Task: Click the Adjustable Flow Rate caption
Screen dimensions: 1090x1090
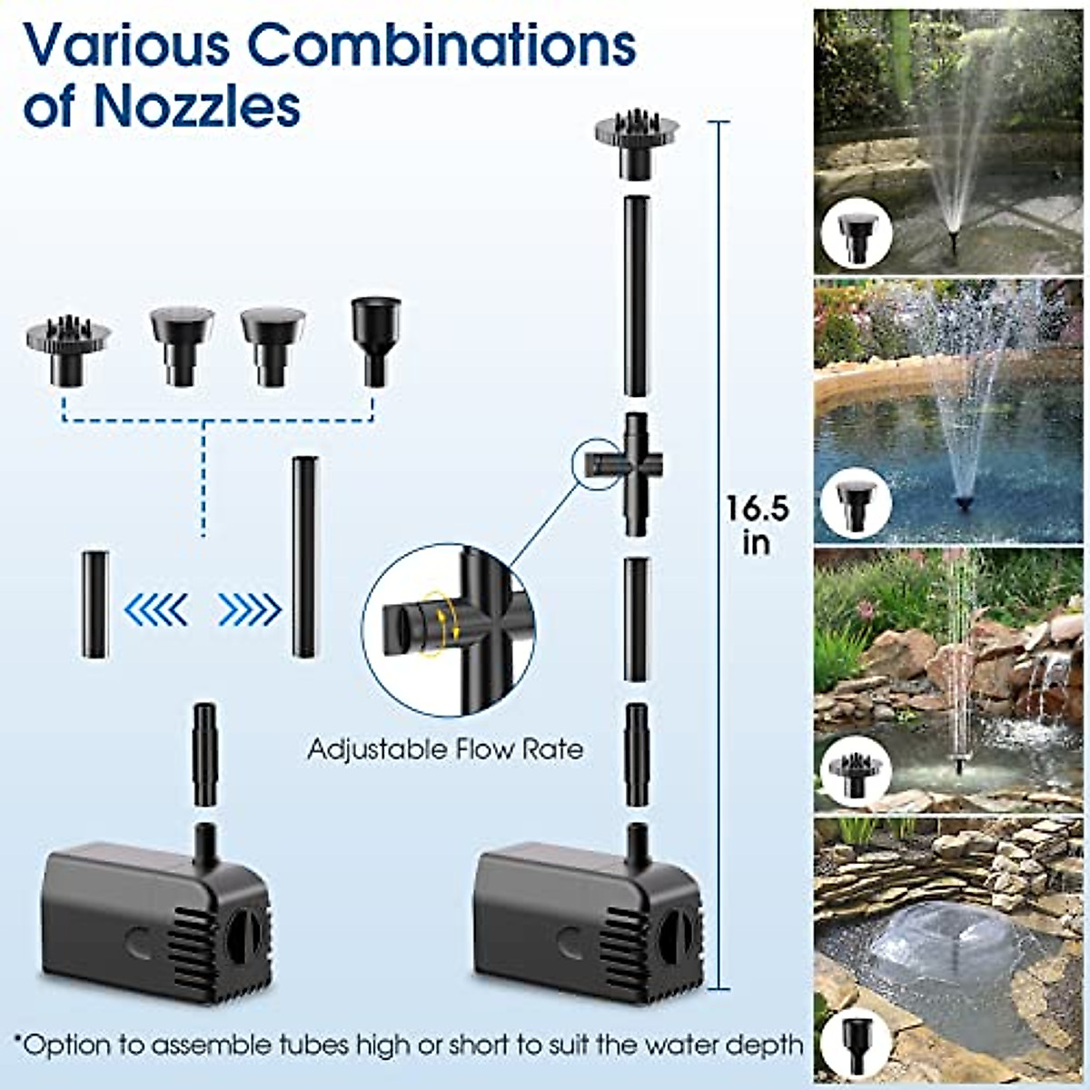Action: [x=445, y=749]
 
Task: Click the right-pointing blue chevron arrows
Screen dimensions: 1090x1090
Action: [x=249, y=609]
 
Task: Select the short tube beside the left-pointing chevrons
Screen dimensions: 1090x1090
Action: [x=94, y=604]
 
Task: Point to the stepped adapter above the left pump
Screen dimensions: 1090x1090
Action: [x=205, y=753]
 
